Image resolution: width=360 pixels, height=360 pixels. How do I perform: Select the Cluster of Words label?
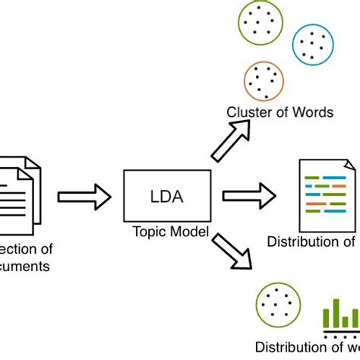click(x=279, y=112)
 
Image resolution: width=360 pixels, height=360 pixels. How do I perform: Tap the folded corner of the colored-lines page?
click(x=350, y=163)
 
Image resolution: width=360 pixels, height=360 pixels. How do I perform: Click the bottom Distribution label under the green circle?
click(x=289, y=347)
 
